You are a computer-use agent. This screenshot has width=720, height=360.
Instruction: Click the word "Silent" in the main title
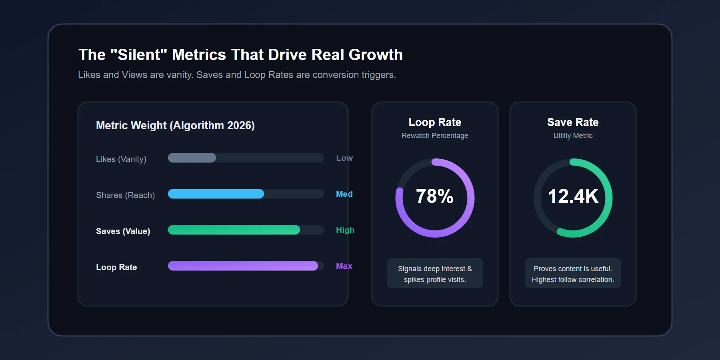[138, 55]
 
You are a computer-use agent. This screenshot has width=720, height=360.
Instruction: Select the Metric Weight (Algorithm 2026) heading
[175, 126]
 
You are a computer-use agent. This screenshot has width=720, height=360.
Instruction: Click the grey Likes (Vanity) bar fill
[192, 158]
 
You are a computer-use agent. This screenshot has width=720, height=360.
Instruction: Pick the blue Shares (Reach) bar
[216, 194]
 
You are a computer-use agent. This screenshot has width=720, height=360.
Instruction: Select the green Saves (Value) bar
[234, 230]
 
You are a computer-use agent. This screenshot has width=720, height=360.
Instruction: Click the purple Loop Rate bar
[243, 266]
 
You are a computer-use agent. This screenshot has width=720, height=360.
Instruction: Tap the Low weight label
[344, 158]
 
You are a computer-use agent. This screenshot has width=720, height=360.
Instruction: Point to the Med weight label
[344, 194]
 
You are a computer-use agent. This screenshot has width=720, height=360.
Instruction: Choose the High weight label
[345, 230]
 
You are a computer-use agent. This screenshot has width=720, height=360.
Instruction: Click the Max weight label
[344, 266]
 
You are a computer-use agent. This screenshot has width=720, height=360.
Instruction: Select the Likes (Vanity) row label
[121, 159]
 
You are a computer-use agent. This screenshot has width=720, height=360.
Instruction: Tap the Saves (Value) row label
[123, 231]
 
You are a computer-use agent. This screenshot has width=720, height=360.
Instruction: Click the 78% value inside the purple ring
[435, 196]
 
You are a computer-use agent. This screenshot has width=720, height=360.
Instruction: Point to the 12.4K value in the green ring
[573, 196]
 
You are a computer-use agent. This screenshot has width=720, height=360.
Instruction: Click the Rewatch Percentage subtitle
[435, 136]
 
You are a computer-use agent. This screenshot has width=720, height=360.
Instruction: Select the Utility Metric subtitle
[573, 136]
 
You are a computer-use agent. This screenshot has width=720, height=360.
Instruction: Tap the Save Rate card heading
[573, 122]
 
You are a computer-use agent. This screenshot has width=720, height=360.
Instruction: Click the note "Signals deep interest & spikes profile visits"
[435, 274]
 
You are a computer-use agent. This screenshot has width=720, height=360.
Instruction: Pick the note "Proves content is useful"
[573, 269]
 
